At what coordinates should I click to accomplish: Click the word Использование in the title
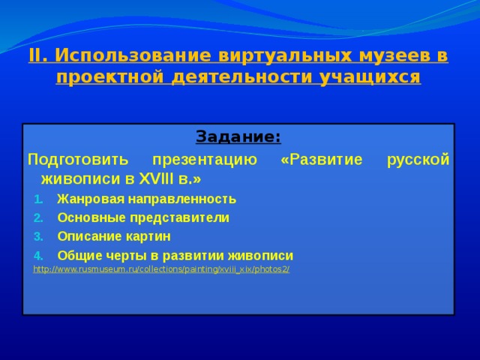point(133,55)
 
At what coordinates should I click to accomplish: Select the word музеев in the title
point(393,55)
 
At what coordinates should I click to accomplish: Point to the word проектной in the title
point(110,77)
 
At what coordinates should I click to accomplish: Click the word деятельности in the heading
point(241,76)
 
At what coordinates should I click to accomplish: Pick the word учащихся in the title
point(370,77)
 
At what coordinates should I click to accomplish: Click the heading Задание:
point(238,136)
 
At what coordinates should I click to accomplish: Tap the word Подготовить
point(78,160)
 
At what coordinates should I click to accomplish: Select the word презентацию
point(205,160)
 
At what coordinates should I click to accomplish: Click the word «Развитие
point(322,160)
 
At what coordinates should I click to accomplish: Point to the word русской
point(418,160)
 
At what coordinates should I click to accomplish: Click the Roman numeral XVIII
point(156,179)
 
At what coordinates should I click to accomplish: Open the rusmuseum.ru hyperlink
point(161,269)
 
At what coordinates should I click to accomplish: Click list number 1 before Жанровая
point(38,199)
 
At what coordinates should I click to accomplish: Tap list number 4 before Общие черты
point(38,256)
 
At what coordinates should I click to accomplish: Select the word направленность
point(182,199)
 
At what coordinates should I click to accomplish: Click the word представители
point(180,218)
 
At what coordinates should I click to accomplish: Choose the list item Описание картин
point(114,237)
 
